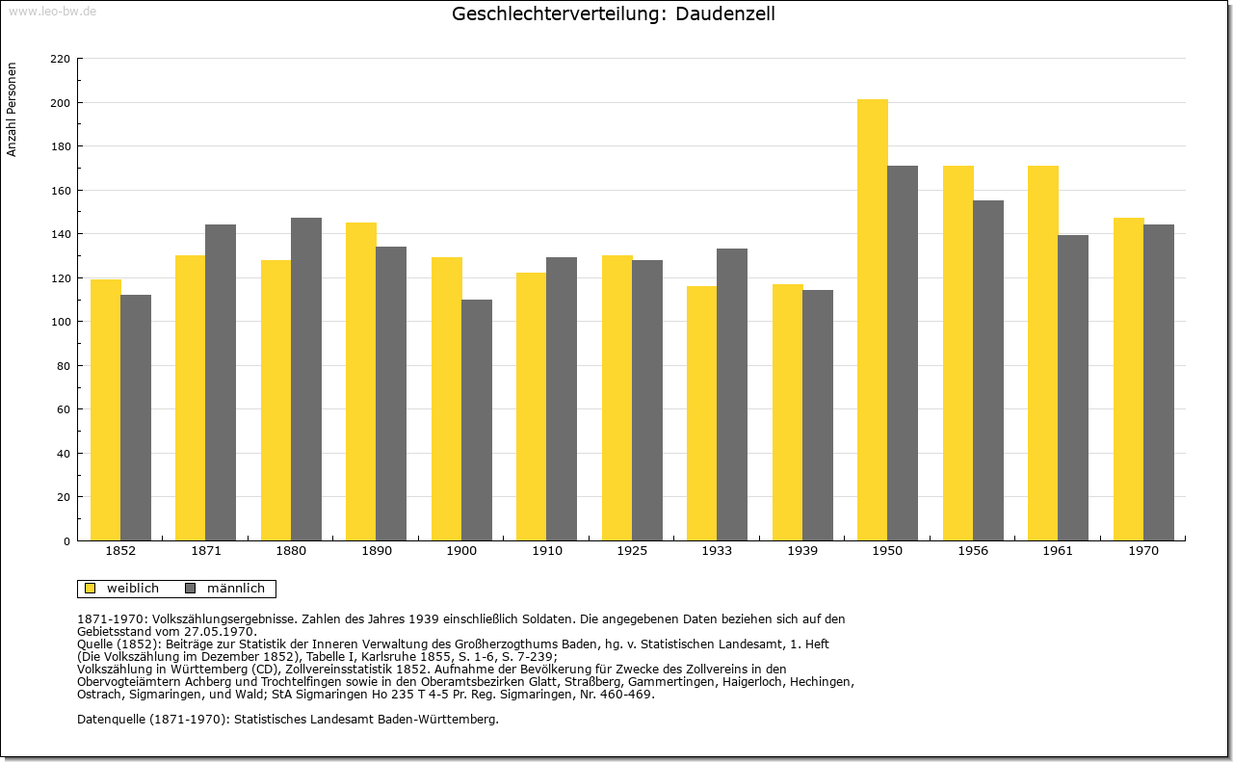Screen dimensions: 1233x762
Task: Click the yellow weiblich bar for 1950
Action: click(x=873, y=320)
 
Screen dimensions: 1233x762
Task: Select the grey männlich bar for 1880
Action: click(x=306, y=380)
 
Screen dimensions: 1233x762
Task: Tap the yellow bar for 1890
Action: click(x=361, y=381)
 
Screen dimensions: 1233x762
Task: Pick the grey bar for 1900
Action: click(x=477, y=420)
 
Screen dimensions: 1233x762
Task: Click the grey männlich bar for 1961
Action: click(x=1073, y=388)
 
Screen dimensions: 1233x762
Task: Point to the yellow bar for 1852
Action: click(x=106, y=410)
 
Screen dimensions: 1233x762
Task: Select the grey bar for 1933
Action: click(x=732, y=395)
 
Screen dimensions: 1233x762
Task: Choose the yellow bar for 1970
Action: click(x=1128, y=380)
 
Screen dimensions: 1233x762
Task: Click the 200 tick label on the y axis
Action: click(x=60, y=103)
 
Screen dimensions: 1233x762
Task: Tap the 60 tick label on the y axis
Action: click(x=64, y=409)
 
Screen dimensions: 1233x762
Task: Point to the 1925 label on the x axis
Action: click(x=632, y=551)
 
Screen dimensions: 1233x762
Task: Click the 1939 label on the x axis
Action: click(x=802, y=551)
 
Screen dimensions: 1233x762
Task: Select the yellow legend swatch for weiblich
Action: click(x=91, y=589)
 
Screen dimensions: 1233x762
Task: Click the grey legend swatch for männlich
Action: click(x=191, y=589)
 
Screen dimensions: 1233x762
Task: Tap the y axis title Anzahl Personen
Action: click(x=12, y=110)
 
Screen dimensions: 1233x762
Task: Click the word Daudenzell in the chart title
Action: click(x=725, y=13)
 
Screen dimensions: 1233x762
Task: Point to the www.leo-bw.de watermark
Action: click(x=52, y=12)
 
